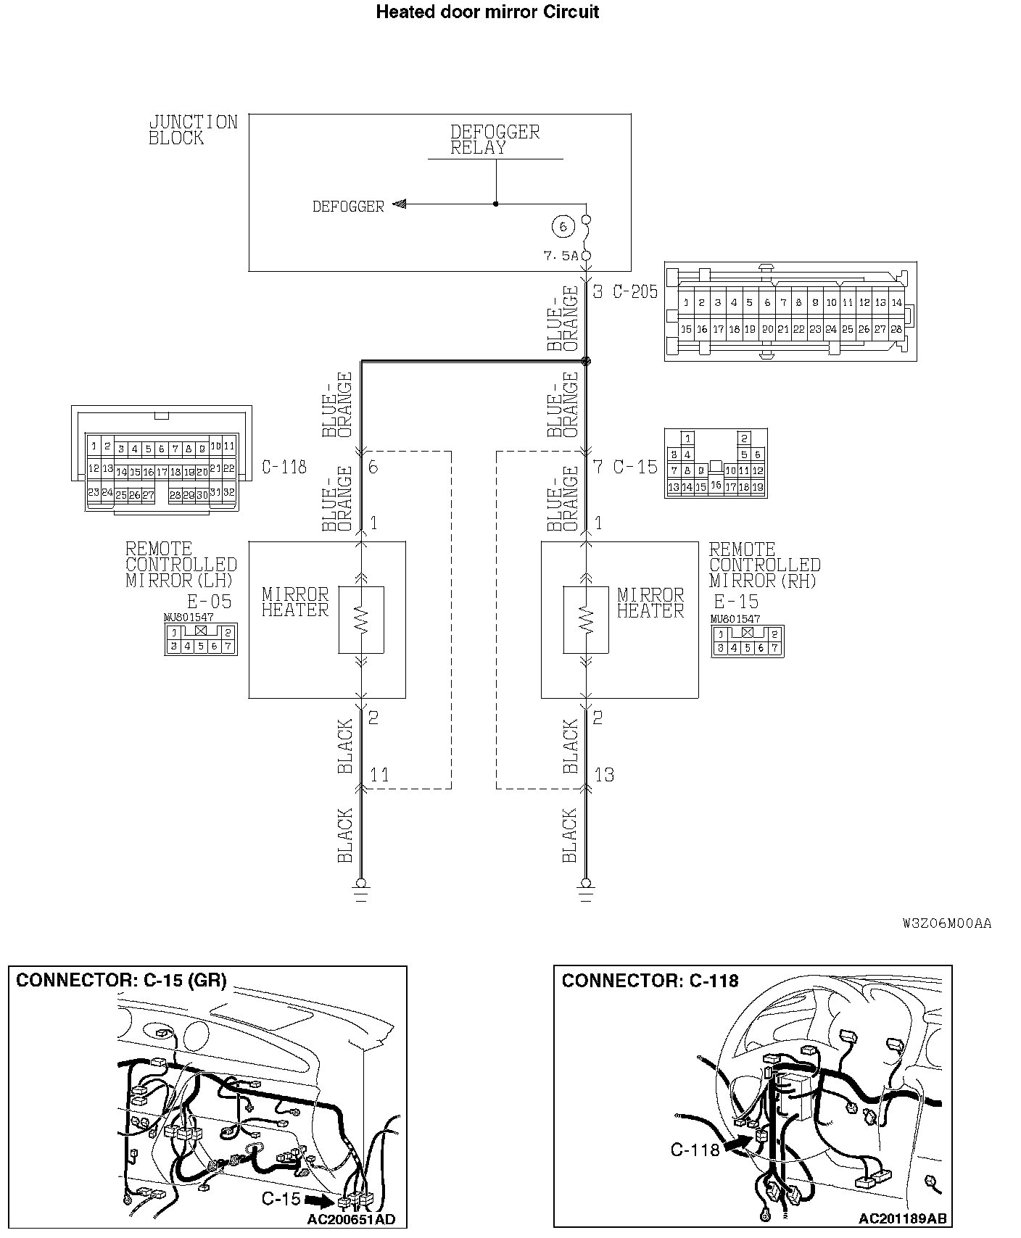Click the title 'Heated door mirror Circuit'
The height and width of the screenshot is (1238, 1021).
point(487,12)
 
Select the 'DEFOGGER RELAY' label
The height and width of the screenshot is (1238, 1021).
point(495,140)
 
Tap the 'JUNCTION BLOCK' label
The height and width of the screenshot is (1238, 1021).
point(193,130)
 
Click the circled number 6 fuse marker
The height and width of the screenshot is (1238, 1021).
point(563,227)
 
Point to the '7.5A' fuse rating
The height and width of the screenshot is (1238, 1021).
point(561,256)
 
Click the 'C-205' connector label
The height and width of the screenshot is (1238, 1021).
point(635,291)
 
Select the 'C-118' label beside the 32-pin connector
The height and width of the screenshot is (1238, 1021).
point(284,467)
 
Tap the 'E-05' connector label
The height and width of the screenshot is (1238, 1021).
point(209,602)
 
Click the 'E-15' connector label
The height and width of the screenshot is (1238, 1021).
point(735,602)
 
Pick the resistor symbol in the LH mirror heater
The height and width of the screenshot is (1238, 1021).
point(361,620)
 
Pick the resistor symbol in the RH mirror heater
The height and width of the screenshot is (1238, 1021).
point(586,620)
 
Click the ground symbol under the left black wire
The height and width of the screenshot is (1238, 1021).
point(361,889)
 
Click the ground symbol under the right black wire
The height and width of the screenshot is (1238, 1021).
point(586,889)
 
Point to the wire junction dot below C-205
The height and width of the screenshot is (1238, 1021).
point(587,361)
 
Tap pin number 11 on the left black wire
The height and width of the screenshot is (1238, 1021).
point(379,775)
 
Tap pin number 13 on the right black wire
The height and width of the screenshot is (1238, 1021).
point(604,775)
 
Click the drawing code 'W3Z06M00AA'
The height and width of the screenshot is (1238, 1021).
point(947,923)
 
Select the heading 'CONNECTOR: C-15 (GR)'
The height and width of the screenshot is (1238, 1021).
point(121,981)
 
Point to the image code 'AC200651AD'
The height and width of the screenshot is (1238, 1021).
point(351,1219)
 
